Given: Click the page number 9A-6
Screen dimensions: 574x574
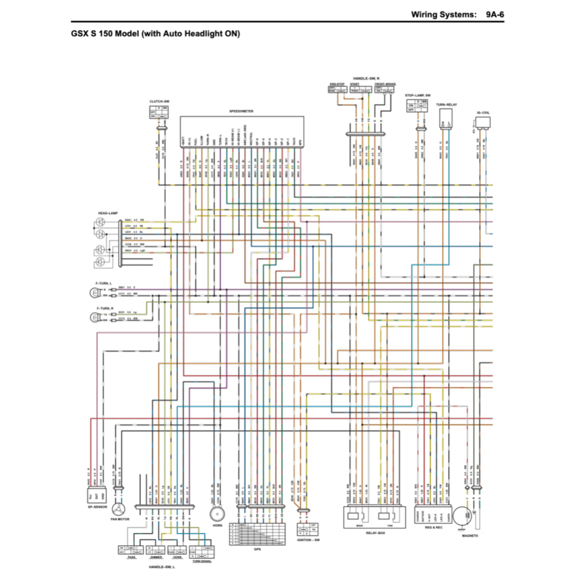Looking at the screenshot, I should point(496,14).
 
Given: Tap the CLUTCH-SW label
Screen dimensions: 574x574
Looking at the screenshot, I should point(159,101).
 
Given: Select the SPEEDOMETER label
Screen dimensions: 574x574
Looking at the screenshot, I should point(242,112).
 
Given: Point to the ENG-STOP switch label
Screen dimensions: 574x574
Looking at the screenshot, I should point(336,84).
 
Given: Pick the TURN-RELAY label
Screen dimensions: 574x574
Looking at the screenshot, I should point(447,105).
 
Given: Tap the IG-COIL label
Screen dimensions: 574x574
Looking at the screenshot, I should point(483,112).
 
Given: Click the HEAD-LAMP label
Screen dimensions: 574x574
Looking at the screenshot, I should point(107,214).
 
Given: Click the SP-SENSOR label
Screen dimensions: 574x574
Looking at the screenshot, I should point(97,507).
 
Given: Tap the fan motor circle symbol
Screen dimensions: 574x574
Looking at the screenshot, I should point(118,509).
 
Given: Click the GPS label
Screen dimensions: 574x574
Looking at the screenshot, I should point(257,549).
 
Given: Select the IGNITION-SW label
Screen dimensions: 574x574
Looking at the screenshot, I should point(308,540).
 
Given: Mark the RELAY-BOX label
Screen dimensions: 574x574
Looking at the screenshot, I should point(374,533).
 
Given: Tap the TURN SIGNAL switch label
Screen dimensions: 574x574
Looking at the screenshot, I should point(202,561).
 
